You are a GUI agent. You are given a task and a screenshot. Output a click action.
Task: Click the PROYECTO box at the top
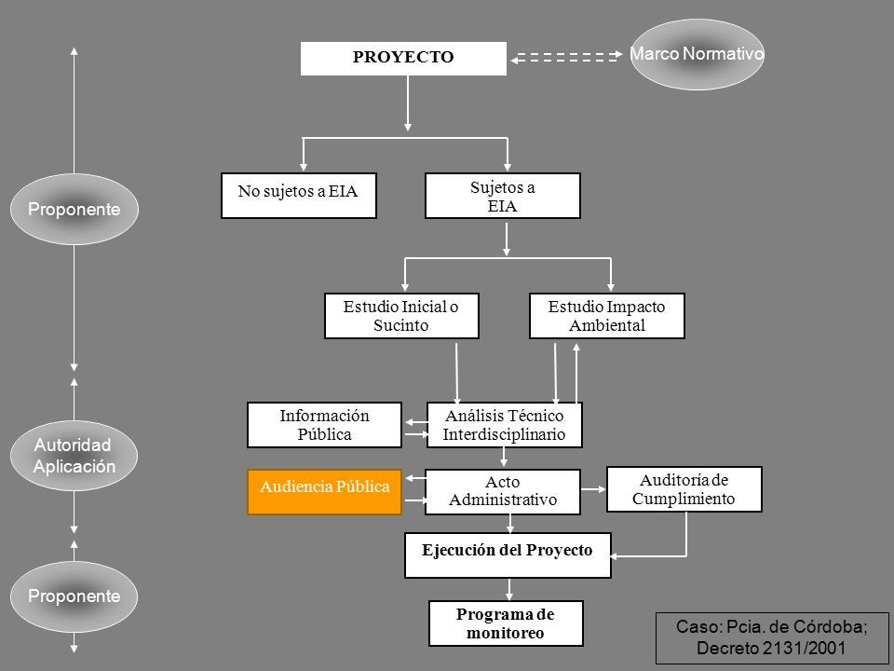(x=403, y=58)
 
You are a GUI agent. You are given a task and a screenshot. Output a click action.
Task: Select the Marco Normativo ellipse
(x=697, y=54)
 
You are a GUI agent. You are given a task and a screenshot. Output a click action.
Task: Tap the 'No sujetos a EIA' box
(x=299, y=195)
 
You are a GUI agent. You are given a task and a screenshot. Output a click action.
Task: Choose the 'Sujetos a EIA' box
(x=502, y=195)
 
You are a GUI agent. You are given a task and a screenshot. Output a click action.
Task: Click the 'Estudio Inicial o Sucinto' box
(x=401, y=316)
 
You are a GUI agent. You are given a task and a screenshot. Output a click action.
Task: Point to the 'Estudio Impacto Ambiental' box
(x=606, y=316)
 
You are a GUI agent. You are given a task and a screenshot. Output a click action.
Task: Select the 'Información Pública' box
(x=324, y=425)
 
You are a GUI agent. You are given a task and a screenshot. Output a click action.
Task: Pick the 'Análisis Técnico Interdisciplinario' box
(x=505, y=425)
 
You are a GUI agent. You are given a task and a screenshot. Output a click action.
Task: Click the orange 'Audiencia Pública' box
(x=324, y=492)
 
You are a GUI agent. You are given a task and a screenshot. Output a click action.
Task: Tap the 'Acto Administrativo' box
(x=502, y=492)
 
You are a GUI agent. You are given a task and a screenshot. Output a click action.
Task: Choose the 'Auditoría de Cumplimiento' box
(x=684, y=489)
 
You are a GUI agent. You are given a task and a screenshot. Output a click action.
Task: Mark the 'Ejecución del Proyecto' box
(x=508, y=555)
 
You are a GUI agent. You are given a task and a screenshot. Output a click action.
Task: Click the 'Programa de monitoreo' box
(x=506, y=623)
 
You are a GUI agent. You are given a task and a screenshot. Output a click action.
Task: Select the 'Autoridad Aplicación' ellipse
(x=74, y=456)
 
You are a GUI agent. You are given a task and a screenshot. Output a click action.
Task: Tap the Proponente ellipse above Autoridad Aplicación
(x=74, y=209)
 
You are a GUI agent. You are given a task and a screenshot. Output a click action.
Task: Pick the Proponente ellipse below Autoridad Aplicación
(x=74, y=596)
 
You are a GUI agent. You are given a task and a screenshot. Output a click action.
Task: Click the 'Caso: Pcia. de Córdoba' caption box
(x=772, y=637)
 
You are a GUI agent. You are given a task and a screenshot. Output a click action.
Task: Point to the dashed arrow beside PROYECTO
(x=566, y=57)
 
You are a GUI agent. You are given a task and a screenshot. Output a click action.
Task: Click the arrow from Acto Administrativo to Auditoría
(x=593, y=489)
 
